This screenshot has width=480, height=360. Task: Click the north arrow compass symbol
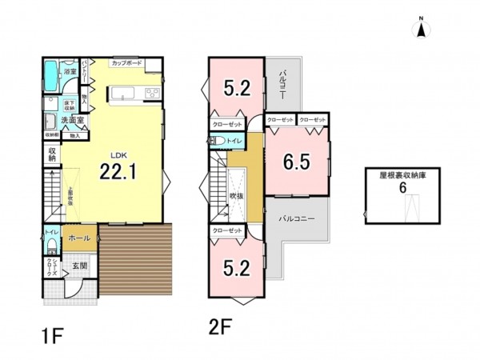click(x=419, y=30)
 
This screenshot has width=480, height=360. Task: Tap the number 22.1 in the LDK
click(x=116, y=170)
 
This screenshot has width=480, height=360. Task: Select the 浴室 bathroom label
click(x=70, y=72)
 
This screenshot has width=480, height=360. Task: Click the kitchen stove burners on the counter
click(x=150, y=94)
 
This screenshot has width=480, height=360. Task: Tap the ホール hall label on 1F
click(x=78, y=238)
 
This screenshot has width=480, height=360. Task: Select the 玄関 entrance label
click(x=81, y=266)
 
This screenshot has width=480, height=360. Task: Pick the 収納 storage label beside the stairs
click(x=52, y=155)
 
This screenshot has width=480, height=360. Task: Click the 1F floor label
click(x=53, y=330)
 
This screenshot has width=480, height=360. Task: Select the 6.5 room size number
click(x=297, y=162)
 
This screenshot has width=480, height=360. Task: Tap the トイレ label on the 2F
click(x=234, y=141)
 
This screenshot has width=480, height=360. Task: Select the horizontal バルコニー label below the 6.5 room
click(x=298, y=218)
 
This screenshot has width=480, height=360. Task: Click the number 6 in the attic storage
click(x=403, y=186)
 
